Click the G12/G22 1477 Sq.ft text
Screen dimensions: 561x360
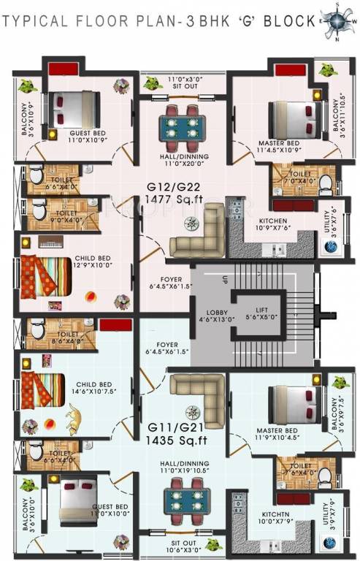click(174, 193)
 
